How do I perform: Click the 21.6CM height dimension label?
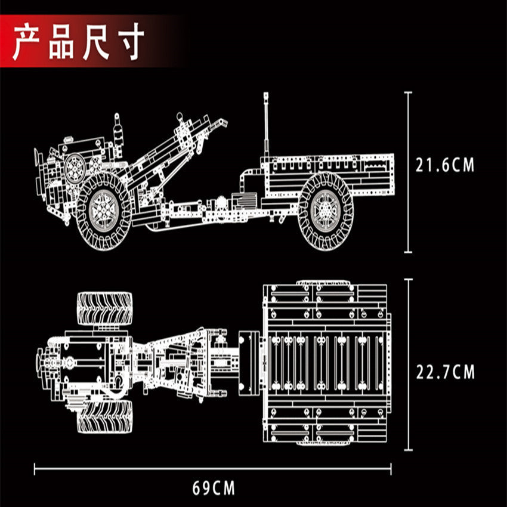click(445, 165)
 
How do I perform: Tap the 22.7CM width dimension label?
click(445, 372)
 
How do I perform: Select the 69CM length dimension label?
click(214, 488)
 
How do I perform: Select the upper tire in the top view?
click(105, 308)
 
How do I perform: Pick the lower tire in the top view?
click(105, 416)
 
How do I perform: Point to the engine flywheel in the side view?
click(75, 168)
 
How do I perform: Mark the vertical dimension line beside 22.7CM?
click(409, 364)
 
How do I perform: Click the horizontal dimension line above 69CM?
click(214, 468)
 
